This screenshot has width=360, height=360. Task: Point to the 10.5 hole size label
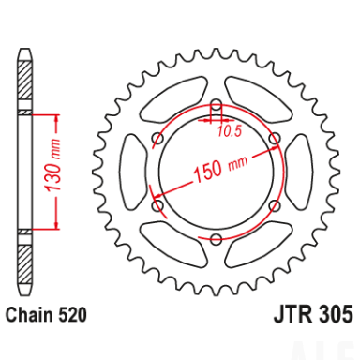[230, 131]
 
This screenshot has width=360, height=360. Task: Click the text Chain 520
[46, 315]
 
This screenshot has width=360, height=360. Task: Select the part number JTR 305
[313, 314]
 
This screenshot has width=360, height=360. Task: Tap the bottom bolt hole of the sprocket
[217, 240]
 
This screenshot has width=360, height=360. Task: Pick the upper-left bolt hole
[157, 139]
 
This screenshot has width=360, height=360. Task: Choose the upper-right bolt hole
[275, 139]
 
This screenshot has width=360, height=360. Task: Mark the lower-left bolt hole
[157, 205]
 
